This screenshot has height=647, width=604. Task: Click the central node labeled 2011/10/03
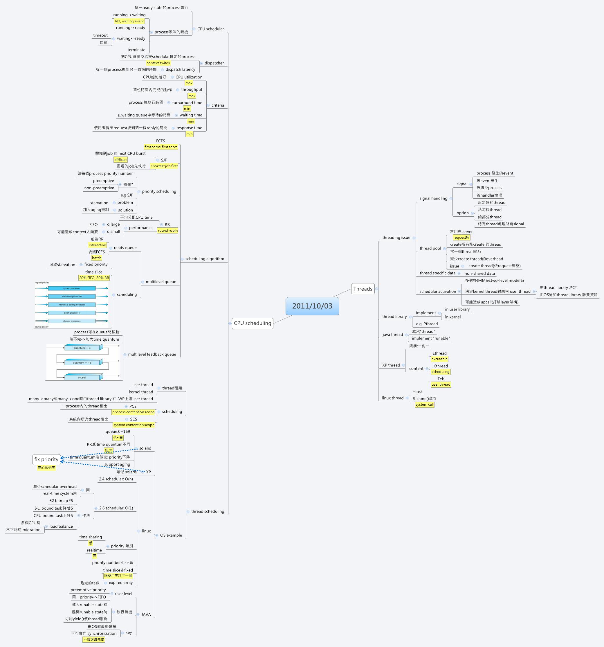tap(312, 306)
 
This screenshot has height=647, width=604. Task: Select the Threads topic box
tap(363, 289)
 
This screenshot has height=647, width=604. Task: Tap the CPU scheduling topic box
tap(253, 323)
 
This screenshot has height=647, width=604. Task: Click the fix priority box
tap(46, 459)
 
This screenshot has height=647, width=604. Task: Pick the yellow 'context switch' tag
tap(158, 63)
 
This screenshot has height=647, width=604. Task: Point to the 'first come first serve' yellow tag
tap(161, 147)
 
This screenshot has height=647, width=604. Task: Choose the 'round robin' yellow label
tap(167, 230)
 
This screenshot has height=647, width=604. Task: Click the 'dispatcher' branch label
tap(214, 63)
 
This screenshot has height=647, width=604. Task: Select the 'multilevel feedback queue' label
tap(152, 354)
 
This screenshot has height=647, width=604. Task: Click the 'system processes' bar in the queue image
tap(72, 288)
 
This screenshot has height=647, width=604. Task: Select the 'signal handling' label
tap(433, 199)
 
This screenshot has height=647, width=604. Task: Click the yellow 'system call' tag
tap(424, 405)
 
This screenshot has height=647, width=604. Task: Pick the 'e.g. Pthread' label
tap(427, 324)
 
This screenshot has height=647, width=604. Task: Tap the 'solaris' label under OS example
tap(145, 448)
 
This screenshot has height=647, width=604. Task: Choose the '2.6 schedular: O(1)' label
tap(116, 508)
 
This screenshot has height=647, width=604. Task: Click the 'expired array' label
tap(121, 583)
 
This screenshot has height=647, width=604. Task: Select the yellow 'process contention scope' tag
tap(133, 412)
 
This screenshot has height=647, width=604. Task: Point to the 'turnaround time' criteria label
tap(187, 103)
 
